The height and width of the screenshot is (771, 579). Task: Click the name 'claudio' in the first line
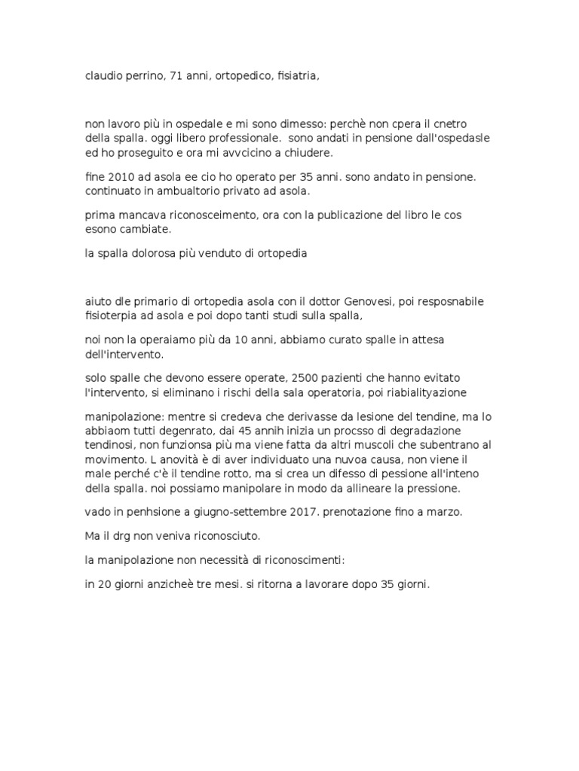pos(103,76)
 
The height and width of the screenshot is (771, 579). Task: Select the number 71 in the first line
pos(179,76)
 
